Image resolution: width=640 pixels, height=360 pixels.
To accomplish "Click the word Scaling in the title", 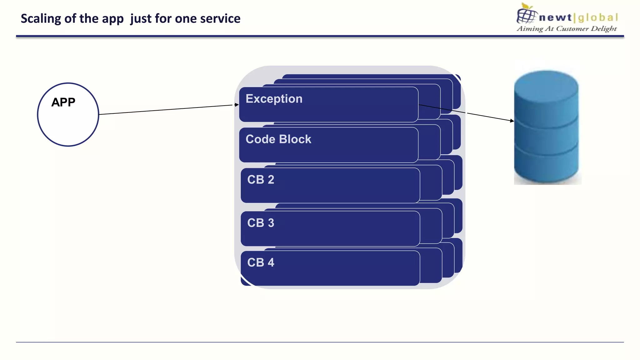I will point(41,19).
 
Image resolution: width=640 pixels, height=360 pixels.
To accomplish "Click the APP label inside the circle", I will point(63,102).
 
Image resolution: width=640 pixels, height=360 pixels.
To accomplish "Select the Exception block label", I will point(274,99).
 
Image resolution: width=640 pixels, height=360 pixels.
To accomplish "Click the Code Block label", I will point(278,139).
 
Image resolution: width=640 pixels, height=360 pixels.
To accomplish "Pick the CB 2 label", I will point(260,180).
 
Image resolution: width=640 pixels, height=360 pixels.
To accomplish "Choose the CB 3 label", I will point(260,223).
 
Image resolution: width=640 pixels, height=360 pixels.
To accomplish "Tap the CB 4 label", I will point(260,262).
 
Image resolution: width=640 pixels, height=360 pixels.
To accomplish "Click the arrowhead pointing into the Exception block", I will point(237,105).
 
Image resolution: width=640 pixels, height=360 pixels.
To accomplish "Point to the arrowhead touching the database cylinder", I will point(512,121).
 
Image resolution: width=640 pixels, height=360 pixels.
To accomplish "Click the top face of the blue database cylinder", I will point(546,83).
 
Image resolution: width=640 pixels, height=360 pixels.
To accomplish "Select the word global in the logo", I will point(598,17).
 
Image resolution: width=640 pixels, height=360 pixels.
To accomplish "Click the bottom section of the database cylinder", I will point(546,166).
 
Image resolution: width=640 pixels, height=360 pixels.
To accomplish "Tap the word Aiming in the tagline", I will point(530,29).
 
